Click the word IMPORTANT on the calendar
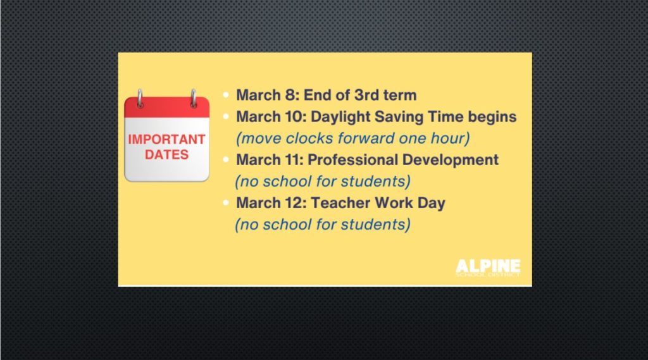pos(166,139)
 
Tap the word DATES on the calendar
pos(166,154)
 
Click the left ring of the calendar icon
pos(140,98)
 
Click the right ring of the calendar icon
pos(193,98)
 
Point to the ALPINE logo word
pos(488,266)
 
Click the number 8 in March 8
pos(290,95)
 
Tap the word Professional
pos(352,159)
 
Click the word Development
pos(450,160)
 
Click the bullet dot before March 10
pos(226,116)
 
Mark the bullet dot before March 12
pos(226,202)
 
